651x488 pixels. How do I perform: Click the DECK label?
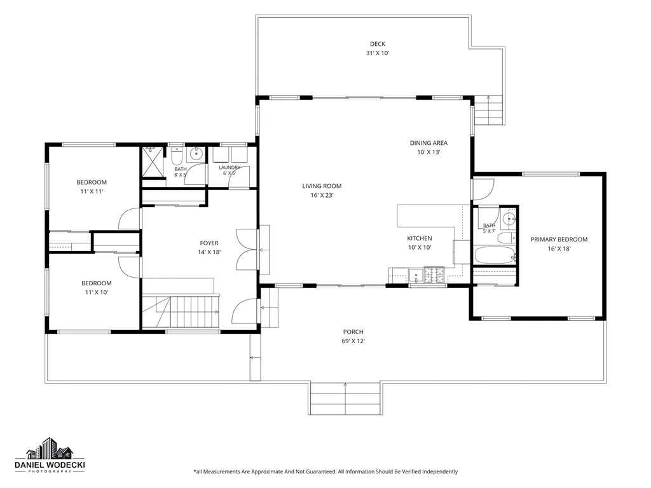(378, 44)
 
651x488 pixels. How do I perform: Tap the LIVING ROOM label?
(322, 186)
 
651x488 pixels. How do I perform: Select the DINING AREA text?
(428, 143)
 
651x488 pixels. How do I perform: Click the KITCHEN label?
(420, 238)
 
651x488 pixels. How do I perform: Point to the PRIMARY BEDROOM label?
(559, 240)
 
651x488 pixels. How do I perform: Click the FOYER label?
(209, 243)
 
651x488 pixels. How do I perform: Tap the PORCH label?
(353, 332)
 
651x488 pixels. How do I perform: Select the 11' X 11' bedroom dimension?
(92, 192)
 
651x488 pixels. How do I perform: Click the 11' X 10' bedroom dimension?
(97, 292)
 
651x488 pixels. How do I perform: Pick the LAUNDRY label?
(229, 167)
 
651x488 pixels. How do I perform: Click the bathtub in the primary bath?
(494, 255)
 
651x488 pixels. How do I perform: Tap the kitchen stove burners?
(434, 274)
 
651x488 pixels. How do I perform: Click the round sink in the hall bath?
(195, 154)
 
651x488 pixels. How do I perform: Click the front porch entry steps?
(345, 398)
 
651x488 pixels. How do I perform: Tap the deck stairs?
(489, 110)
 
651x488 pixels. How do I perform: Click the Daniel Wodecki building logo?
(50, 449)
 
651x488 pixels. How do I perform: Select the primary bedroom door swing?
(483, 189)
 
